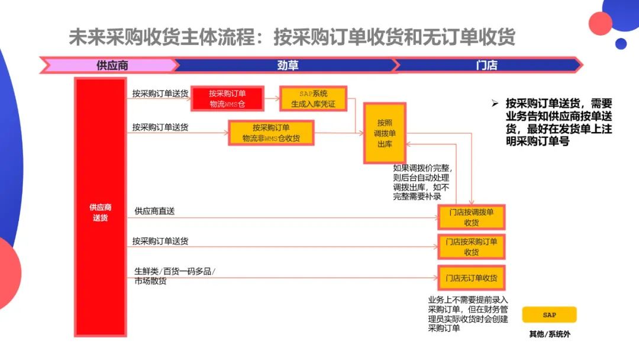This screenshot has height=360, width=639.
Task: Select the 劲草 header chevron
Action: click(x=287, y=65)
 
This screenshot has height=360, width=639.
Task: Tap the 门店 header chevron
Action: click(x=486, y=65)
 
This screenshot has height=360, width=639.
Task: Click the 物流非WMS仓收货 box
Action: click(x=271, y=133)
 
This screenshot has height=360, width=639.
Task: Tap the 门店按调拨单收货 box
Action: click(x=471, y=217)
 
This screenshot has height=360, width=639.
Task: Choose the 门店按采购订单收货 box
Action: click(x=471, y=246)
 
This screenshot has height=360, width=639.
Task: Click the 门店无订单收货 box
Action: click(x=471, y=277)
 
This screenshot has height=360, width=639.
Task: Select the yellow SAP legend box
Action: click(x=549, y=314)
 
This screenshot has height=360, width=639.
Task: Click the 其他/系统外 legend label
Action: click(x=549, y=334)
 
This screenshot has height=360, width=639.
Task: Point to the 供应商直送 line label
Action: click(x=154, y=211)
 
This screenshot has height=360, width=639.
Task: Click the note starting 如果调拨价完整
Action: click(x=421, y=182)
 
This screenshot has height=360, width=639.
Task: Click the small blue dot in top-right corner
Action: click(x=621, y=43)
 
